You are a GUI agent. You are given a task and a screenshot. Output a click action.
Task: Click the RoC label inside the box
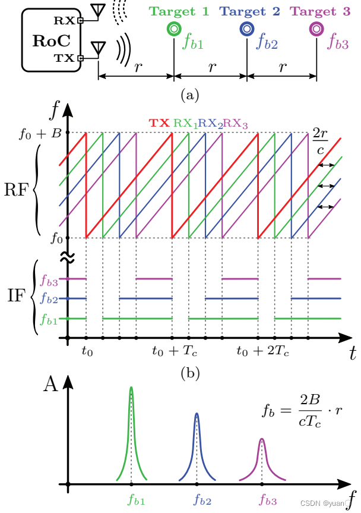[50, 40]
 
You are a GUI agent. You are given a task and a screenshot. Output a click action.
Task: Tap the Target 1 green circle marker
[174, 29]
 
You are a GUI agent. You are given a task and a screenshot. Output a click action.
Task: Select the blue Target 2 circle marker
[247, 29]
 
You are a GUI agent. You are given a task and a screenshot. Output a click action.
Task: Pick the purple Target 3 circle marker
[317, 29]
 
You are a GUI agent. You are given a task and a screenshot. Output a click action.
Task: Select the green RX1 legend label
[185, 124]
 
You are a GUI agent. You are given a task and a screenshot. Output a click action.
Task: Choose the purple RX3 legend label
[235, 124]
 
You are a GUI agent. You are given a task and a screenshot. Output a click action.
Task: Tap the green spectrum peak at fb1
[131, 389]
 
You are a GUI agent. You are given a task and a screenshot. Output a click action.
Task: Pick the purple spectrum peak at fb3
[262, 440]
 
